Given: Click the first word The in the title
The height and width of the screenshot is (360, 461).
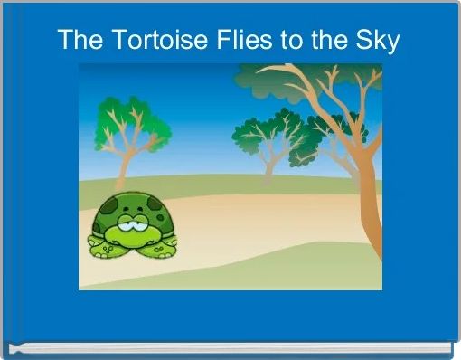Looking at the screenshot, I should click(77, 40).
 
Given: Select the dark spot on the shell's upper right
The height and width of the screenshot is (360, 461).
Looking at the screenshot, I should click(154, 205).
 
